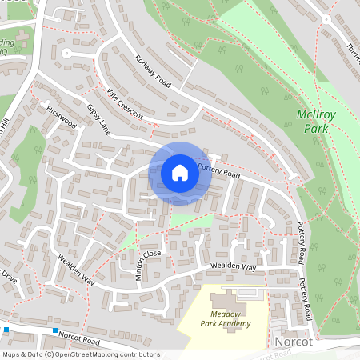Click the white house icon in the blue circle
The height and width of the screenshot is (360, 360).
pyautogui.click(x=180, y=173)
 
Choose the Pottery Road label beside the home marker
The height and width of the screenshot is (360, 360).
pyautogui.click(x=218, y=170)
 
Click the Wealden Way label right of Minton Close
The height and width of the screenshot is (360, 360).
pyautogui.click(x=233, y=266)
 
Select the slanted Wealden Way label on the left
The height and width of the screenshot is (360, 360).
pyautogui.click(x=76, y=270)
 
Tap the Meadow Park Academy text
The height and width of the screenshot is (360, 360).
pyautogui.click(x=230, y=318)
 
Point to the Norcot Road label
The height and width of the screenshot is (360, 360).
pyautogui.click(x=78, y=340)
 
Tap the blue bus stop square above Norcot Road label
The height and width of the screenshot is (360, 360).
pyautogui.click(x=54, y=330)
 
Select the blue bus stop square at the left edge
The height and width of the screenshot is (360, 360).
pyautogui.click(x=6, y=329)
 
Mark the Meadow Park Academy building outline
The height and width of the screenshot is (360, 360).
pyautogui.click(x=240, y=294)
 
